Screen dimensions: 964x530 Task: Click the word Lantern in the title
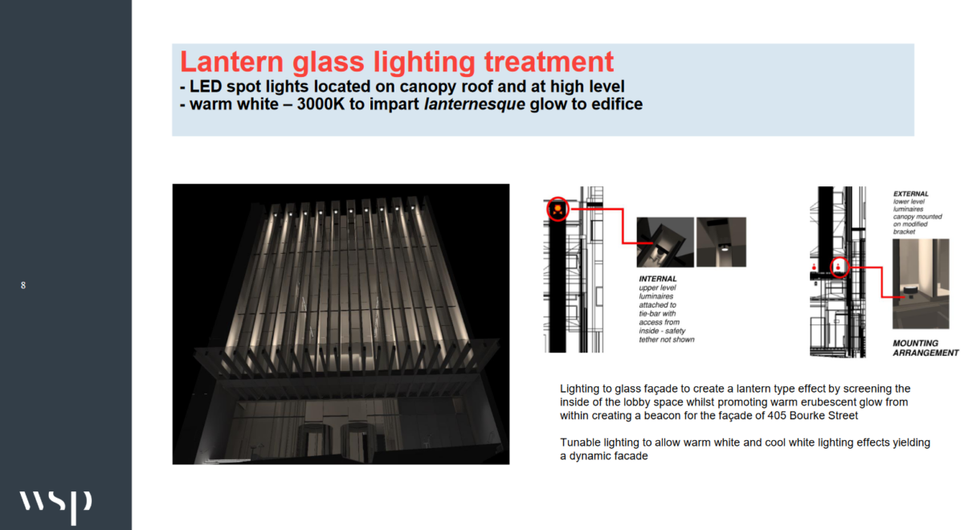click(231, 62)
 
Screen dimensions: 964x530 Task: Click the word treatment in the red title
click(549, 62)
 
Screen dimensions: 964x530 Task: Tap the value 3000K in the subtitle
click(321, 104)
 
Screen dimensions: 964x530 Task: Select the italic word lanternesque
click(475, 104)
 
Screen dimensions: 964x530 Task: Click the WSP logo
click(56, 506)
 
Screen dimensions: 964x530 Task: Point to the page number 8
click(23, 285)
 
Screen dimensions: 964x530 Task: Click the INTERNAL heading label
click(658, 279)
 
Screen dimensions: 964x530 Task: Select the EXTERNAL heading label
click(911, 194)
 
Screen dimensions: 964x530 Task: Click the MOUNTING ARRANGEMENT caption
click(925, 348)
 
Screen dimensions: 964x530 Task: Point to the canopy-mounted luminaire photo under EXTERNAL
click(921, 284)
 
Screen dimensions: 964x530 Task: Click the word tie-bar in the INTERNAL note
click(649, 314)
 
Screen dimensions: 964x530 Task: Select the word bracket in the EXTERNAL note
click(904, 231)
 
